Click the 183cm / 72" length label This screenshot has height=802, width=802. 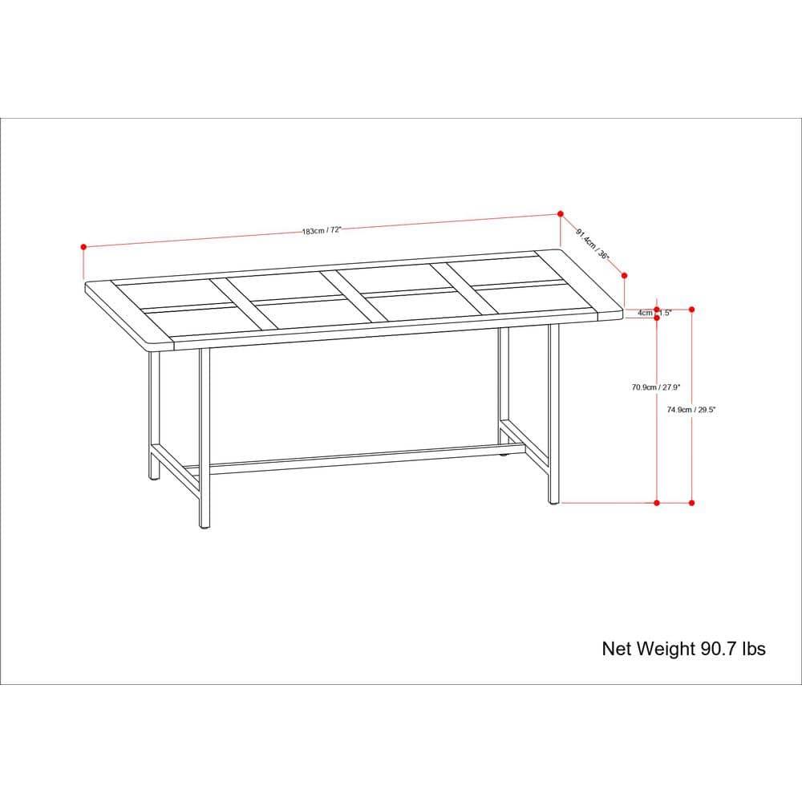pos(322,230)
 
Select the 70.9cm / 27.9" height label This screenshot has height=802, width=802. pos(656,387)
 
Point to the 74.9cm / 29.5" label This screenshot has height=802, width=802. pos(691,408)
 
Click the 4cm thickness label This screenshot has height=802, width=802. pos(645,313)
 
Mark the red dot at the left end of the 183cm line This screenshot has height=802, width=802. pos(83,247)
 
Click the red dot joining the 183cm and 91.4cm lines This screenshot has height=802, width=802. pos(560,213)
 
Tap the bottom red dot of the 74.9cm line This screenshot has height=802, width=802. pos(691,503)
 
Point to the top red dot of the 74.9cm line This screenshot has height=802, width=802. pos(691,309)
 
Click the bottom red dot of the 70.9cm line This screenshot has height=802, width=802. pos(657,503)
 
